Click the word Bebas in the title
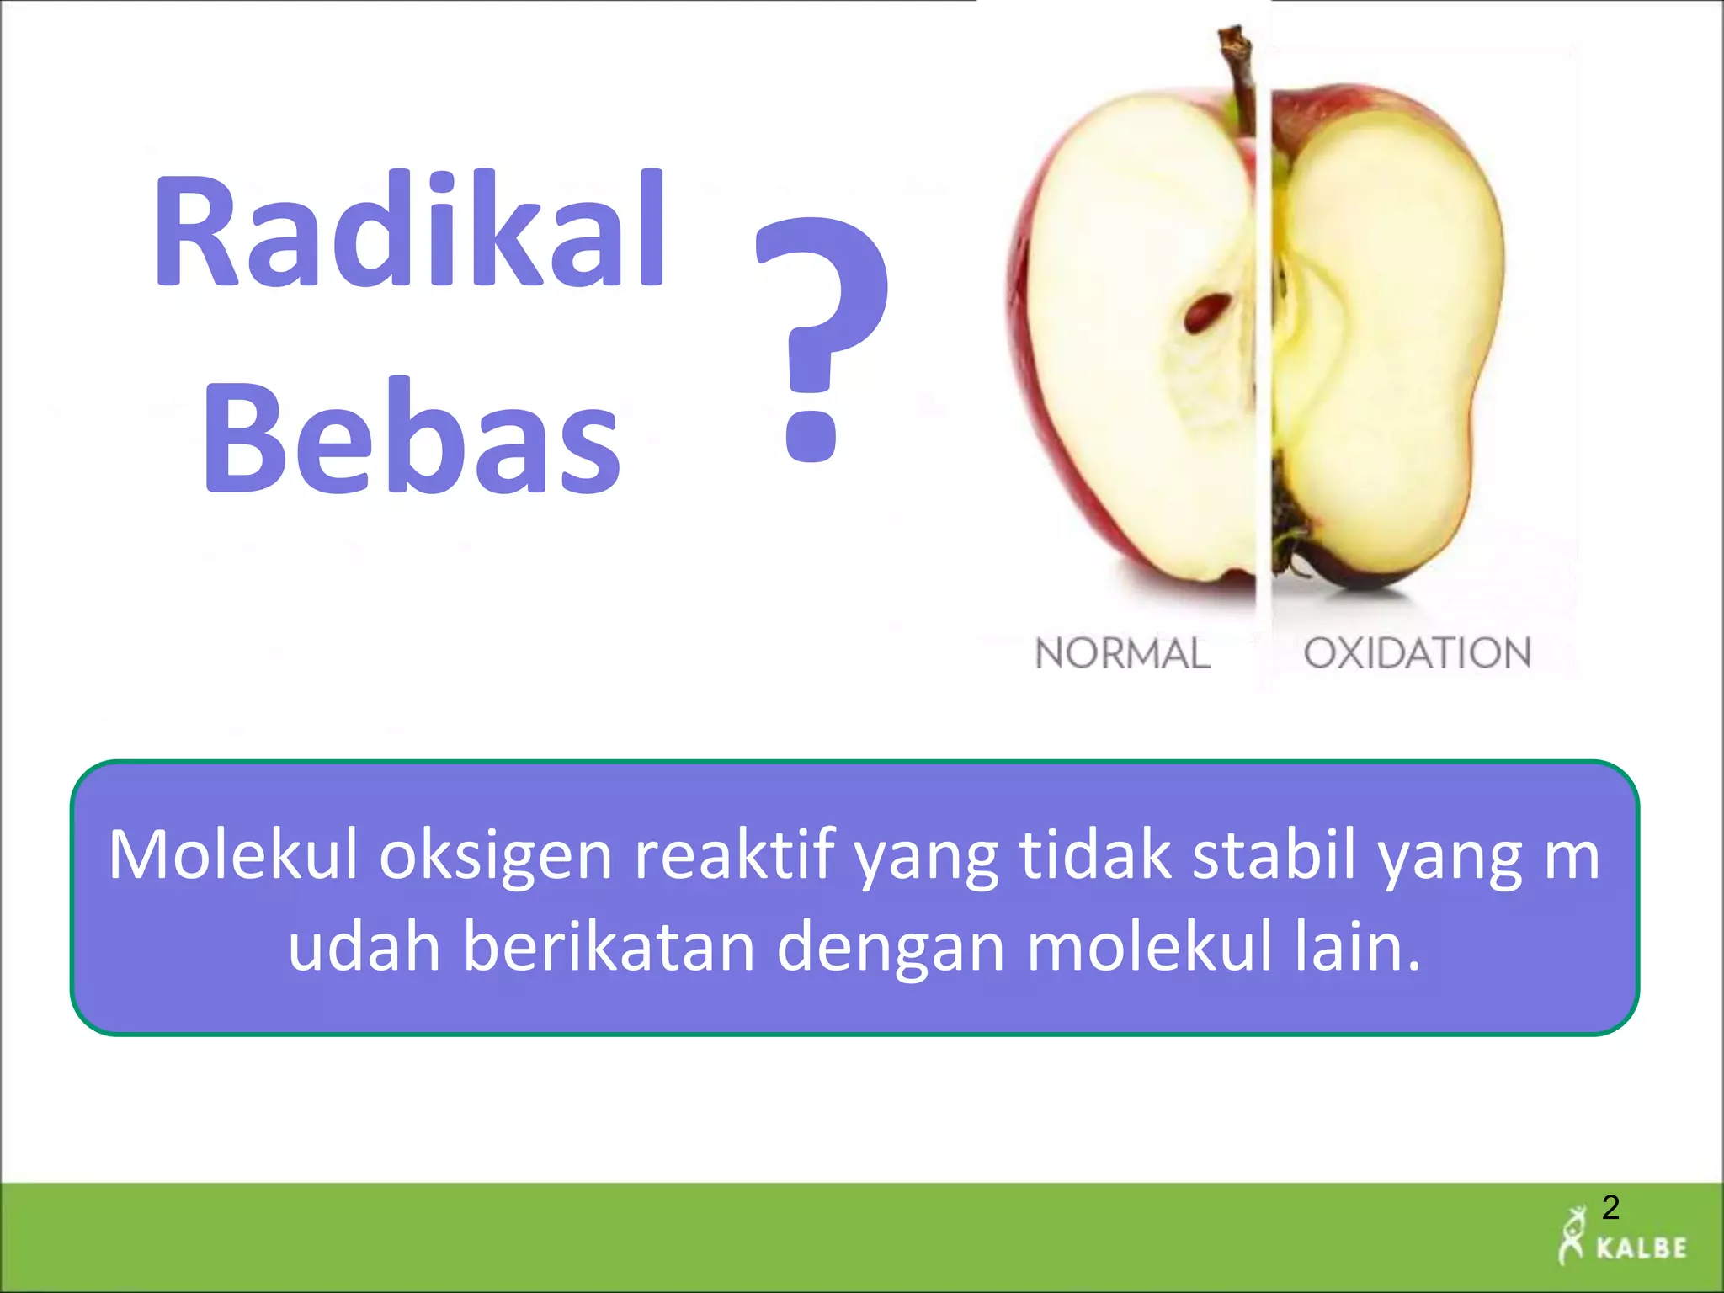(x=412, y=437)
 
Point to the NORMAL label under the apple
(x=1121, y=654)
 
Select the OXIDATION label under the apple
(x=1417, y=654)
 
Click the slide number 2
(x=1610, y=1208)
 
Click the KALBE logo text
(x=1642, y=1248)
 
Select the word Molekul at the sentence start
(x=233, y=855)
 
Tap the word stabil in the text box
(x=1274, y=855)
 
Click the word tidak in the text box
(x=1095, y=855)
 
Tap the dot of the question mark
(x=811, y=434)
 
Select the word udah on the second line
(x=364, y=947)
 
